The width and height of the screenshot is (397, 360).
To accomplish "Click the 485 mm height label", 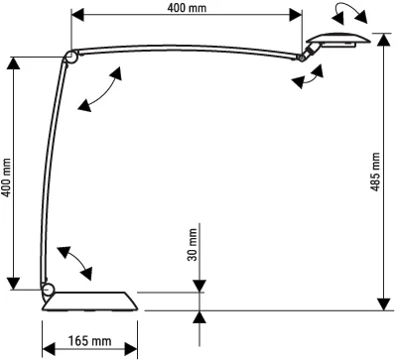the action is pos(375,172).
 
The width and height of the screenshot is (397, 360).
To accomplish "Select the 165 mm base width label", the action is pos(89,340).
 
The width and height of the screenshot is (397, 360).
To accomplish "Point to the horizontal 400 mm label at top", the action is pos(187,8).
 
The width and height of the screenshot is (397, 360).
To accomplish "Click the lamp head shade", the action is pos(338,40).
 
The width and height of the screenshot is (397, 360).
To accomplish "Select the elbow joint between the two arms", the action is pos(70,58).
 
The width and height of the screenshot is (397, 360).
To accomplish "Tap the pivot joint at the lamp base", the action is pos(48,290).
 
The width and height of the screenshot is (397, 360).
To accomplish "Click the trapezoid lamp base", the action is pos(90,301).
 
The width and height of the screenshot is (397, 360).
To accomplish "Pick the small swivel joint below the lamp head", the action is pos(306,56).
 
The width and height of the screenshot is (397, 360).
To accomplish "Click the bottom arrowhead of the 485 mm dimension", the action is pos(383,304).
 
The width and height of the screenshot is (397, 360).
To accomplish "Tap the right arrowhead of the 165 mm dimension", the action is pos(131,349).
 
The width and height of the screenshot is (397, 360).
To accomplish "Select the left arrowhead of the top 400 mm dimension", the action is pos(77,15).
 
